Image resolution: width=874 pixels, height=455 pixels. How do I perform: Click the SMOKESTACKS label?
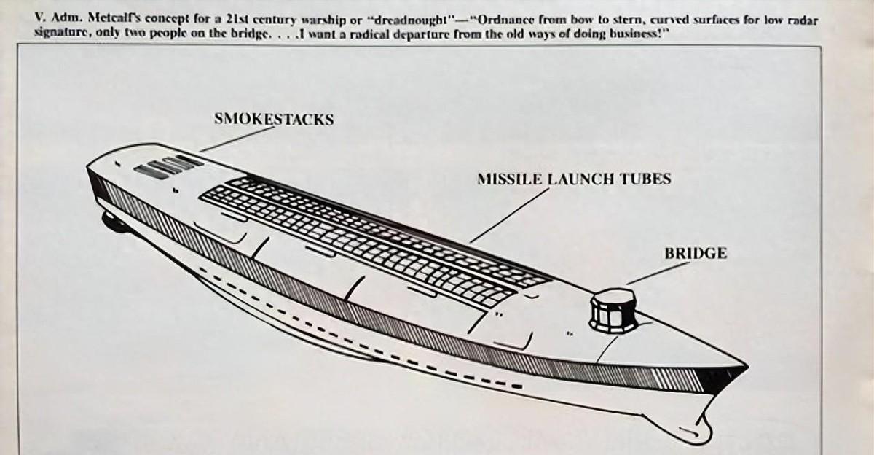click(x=274, y=118)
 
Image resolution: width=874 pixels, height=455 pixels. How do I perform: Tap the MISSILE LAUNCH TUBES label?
click(x=573, y=179)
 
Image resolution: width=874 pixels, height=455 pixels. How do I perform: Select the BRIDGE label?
click(x=695, y=254)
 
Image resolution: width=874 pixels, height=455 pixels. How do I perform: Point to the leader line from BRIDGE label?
click(x=655, y=273)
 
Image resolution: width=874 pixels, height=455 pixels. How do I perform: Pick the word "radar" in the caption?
click(x=800, y=20)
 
